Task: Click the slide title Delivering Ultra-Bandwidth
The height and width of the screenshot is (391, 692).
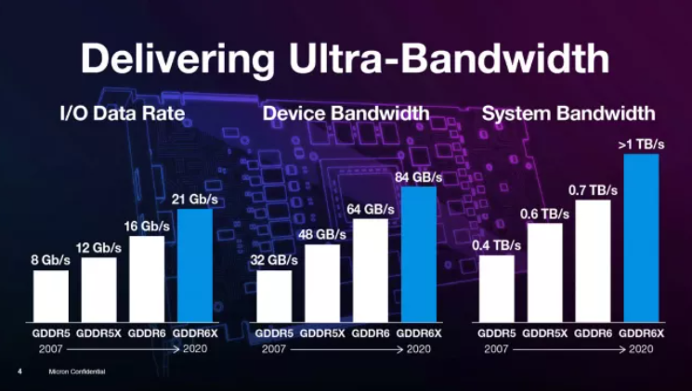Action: [x=345, y=57]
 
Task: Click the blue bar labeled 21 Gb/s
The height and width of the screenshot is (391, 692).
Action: [x=195, y=265]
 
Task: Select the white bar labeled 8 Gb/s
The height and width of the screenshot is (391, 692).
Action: [x=51, y=295]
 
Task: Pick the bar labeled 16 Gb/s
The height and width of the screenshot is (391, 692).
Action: [x=147, y=278]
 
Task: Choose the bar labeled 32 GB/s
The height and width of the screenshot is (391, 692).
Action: [x=273, y=295]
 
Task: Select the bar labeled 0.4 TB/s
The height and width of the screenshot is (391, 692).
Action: [x=497, y=288]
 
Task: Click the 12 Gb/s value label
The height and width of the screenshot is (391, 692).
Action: [x=98, y=247]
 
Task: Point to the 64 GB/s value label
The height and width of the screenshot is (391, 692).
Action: [x=370, y=208]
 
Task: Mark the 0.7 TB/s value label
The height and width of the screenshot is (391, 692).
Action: [x=593, y=189]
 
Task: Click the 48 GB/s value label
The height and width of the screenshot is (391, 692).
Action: [x=321, y=234]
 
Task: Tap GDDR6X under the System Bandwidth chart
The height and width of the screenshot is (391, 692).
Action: [x=640, y=332]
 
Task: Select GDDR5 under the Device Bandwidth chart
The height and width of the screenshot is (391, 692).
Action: [x=273, y=332]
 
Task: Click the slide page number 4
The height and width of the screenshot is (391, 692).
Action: [x=20, y=371]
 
